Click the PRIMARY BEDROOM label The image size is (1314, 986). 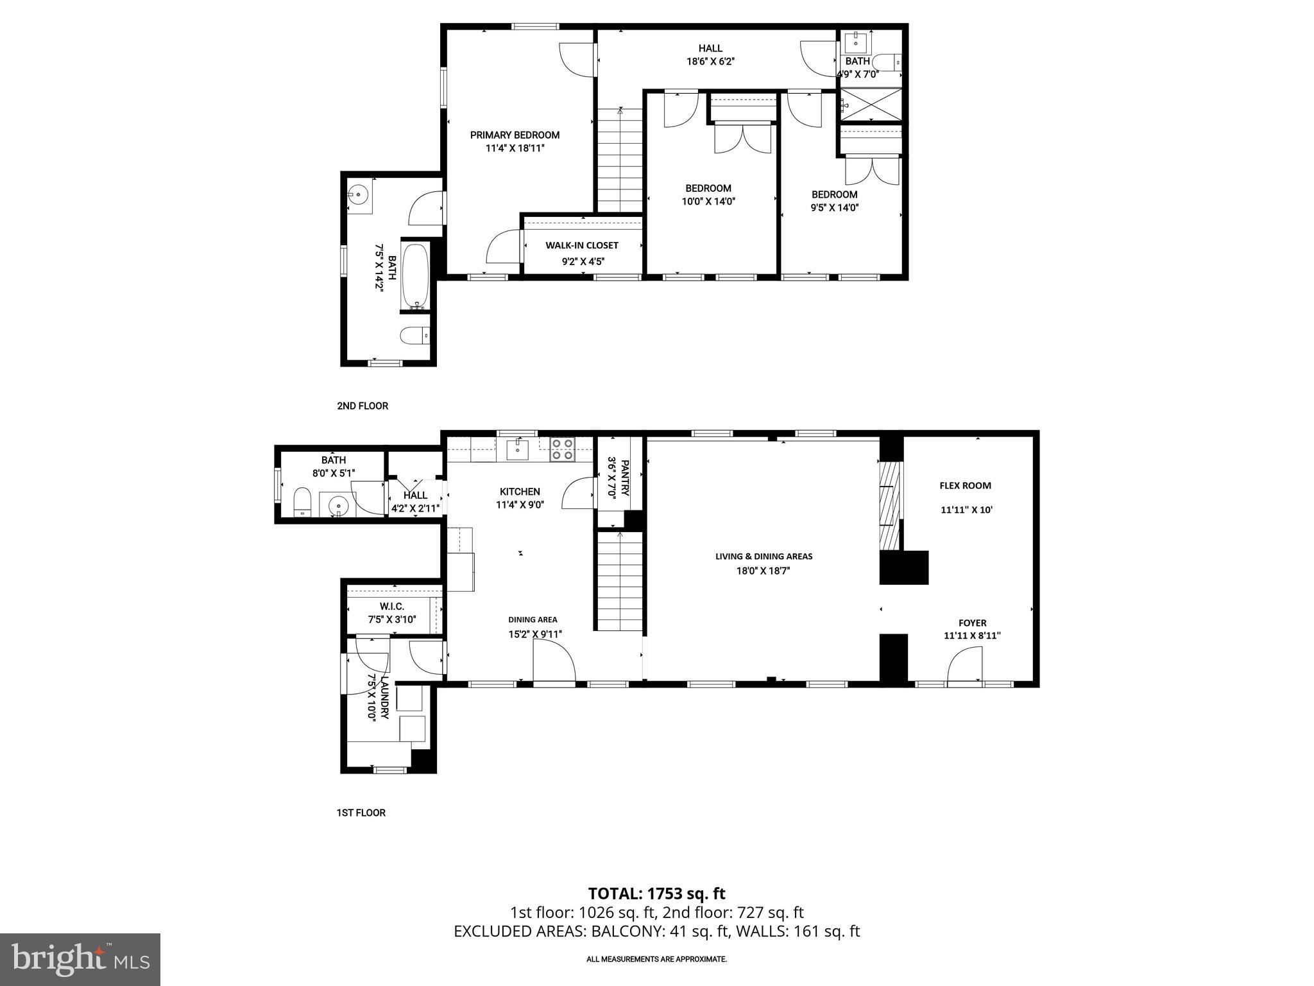(x=515, y=135)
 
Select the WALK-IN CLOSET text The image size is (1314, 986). (x=582, y=245)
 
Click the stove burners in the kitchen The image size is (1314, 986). (x=562, y=449)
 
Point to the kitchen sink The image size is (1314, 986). (x=517, y=449)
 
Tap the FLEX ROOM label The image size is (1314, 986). (x=965, y=486)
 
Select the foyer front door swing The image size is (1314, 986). (x=966, y=665)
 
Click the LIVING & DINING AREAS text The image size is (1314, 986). (x=764, y=557)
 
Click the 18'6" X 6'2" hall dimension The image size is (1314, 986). (x=710, y=62)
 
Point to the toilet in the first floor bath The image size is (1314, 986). (x=302, y=501)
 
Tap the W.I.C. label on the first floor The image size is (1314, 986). (x=391, y=607)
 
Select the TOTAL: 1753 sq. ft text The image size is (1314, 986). (x=656, y=894)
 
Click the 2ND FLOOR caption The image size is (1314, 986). (x=363, y=406)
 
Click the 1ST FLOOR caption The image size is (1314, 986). (x=361, y=813)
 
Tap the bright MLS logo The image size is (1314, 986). (x=80, y=959)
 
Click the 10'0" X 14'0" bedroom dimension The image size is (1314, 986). (x=708, y=201)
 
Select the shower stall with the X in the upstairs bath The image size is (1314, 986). (x=871, y=105)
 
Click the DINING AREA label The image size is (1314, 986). (x=533, y=619)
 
